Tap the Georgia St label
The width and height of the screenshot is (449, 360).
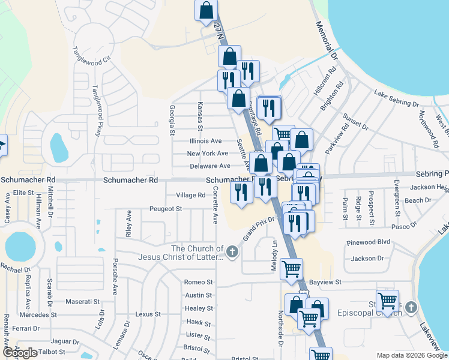pyautogui.click(x=172, y=119)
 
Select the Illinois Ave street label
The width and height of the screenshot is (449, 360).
pyautogui.click(x=206, y=141)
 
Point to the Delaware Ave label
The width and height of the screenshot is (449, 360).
pyautogui.click(x=209, y=166)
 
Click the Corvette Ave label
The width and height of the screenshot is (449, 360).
pyautogui.click(x=215, y=205)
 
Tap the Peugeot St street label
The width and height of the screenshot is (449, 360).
pyautogui.click(x=165, y=209)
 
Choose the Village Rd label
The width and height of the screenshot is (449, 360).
pyautogui.click(x=190, y=195)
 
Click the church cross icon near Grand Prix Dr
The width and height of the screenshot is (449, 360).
pyautogui.click(x=232, y=252)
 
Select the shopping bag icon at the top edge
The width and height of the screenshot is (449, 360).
pyautogui.click(x=206, y=10)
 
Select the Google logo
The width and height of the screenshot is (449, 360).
pyautogui.click(x=20, y=353)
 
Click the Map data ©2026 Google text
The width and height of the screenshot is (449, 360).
pyautogui.click(x=411, y=355)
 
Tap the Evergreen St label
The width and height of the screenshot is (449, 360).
pyautogui.click(x=397, y=197)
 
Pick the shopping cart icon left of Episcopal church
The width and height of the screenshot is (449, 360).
pyautogui.click(x=387, y=300)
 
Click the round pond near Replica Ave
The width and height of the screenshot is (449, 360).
pyautogui.click(x=20, y=246)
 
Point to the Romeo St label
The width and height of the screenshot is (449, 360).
pyautogui.click(x=199, y=282)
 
